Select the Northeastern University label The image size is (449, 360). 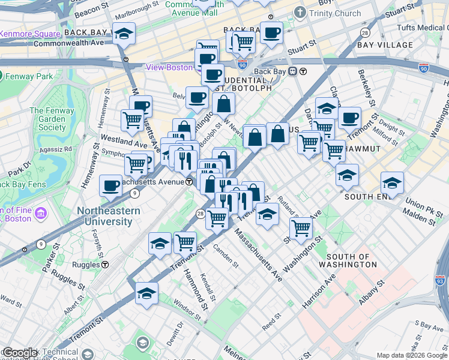(x=108, y=216)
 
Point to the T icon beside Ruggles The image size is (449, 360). (x=104, y=264)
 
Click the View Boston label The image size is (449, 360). (x=169, y=67)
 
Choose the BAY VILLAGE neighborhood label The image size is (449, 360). (x=385, y=45)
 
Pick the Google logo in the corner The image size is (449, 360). (x=20, y=353)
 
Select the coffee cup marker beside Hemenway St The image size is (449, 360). (x=110, y=186)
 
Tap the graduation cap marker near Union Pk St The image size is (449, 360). (x=392, y=182)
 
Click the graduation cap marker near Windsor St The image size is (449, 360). (x=146, y=293)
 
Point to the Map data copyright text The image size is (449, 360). (x=412, y=355)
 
